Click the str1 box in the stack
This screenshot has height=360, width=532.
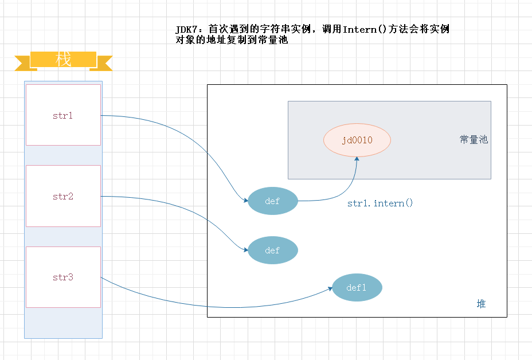[63, 115]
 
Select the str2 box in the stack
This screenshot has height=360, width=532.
[63, 196]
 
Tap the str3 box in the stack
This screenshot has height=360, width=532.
[63, 277]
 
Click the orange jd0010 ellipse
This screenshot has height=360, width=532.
[357, 140]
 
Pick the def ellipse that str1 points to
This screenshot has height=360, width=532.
[273, 201]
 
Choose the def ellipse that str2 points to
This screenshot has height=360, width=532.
[273, 251]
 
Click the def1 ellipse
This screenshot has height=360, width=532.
[357, 288]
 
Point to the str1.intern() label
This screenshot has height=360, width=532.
[380, 204]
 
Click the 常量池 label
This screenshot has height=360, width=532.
[474, 139]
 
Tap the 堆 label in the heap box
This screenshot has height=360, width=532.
[481, 304]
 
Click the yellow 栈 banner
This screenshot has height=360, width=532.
[63, 60]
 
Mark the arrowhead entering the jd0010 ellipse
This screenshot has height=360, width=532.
[357, 159]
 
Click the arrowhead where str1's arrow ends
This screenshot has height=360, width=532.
[246, 201]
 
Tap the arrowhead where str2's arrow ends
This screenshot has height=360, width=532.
[246, 251]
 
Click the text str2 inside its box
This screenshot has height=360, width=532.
[63, 196]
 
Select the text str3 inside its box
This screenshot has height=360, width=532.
[63, 277]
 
